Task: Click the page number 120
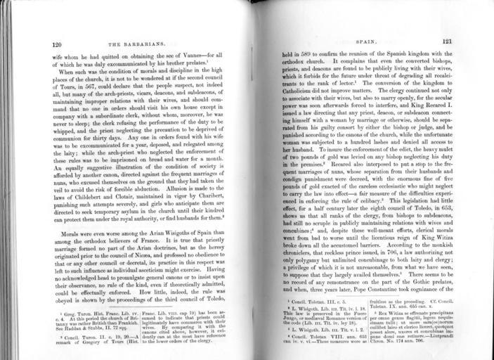pyautogui.click(x=58, y=44)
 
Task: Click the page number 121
pyautogui.click(x=447, y=41)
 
